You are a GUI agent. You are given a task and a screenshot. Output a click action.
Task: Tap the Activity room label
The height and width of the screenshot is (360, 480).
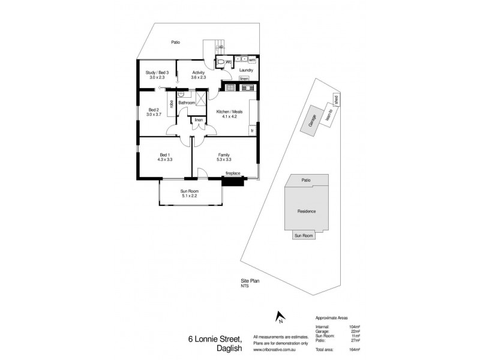pos(199,73)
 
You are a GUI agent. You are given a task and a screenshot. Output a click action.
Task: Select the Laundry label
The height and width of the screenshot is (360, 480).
pos(246,70)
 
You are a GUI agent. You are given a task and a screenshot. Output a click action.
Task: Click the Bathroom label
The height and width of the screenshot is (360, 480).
pos(187,103)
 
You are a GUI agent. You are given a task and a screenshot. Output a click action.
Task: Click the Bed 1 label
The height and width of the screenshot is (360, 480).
pos(165,155)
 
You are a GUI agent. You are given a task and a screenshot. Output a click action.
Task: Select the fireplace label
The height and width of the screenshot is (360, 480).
pos(233,173)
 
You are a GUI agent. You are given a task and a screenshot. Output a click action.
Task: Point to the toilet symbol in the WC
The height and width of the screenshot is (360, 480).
pos(222,62)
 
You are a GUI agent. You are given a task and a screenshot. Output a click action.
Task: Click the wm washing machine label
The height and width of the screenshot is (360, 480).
pos(252,60)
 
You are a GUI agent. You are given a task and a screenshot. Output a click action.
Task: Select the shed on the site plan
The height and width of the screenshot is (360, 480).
pos(337,99)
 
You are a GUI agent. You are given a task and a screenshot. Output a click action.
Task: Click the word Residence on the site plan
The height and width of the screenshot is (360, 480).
pos(306,211)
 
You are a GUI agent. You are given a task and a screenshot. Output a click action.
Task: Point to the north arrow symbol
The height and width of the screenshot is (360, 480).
pos(278,317)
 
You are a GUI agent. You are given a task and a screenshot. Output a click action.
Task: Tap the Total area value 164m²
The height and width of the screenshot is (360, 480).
pos(354,349)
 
